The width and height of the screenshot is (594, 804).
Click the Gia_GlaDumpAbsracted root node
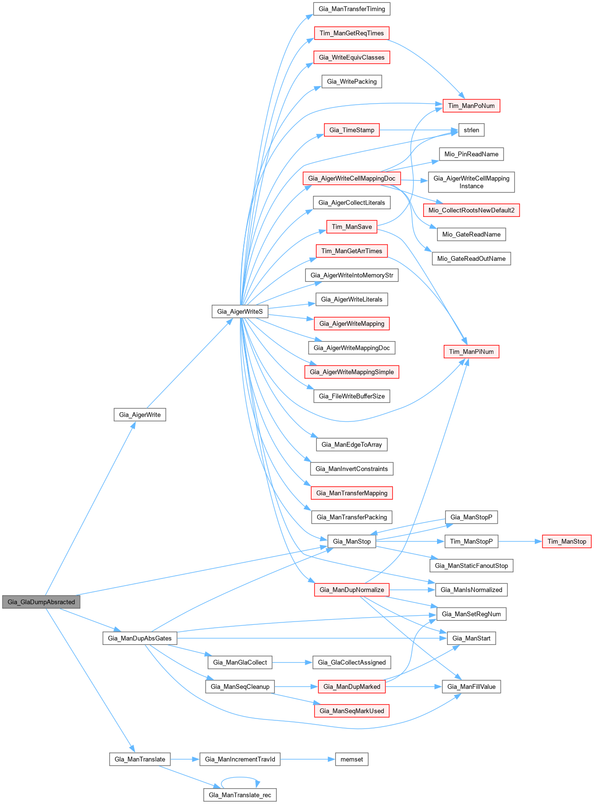(41, 602)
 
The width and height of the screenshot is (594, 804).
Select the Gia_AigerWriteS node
(240, 311)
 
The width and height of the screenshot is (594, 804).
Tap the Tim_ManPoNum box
(471, 106)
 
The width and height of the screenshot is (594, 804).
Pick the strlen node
(471, 130)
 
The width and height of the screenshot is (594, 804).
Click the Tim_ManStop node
(566, 541)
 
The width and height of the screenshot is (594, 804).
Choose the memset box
(352, 759)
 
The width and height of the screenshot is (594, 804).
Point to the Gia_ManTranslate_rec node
(240, 795)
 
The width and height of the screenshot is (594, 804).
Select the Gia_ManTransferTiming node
(352, 9)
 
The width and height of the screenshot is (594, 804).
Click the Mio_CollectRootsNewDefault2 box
(471, 210)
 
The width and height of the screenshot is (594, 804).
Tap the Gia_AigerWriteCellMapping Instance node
(471, 182)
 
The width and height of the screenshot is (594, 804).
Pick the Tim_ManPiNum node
(471, 352)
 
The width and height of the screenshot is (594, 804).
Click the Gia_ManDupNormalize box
(352, 590)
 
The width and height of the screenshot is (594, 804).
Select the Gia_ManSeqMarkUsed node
(352, 711)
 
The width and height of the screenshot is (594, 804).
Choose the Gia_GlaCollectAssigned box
(352, 662)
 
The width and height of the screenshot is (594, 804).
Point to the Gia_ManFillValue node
(471, 686)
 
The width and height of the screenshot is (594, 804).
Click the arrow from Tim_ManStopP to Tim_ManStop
(520, 541)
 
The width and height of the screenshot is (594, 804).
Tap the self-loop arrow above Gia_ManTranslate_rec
(240, 777)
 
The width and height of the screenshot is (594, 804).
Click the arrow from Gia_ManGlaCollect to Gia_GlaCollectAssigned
(292, 662)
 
